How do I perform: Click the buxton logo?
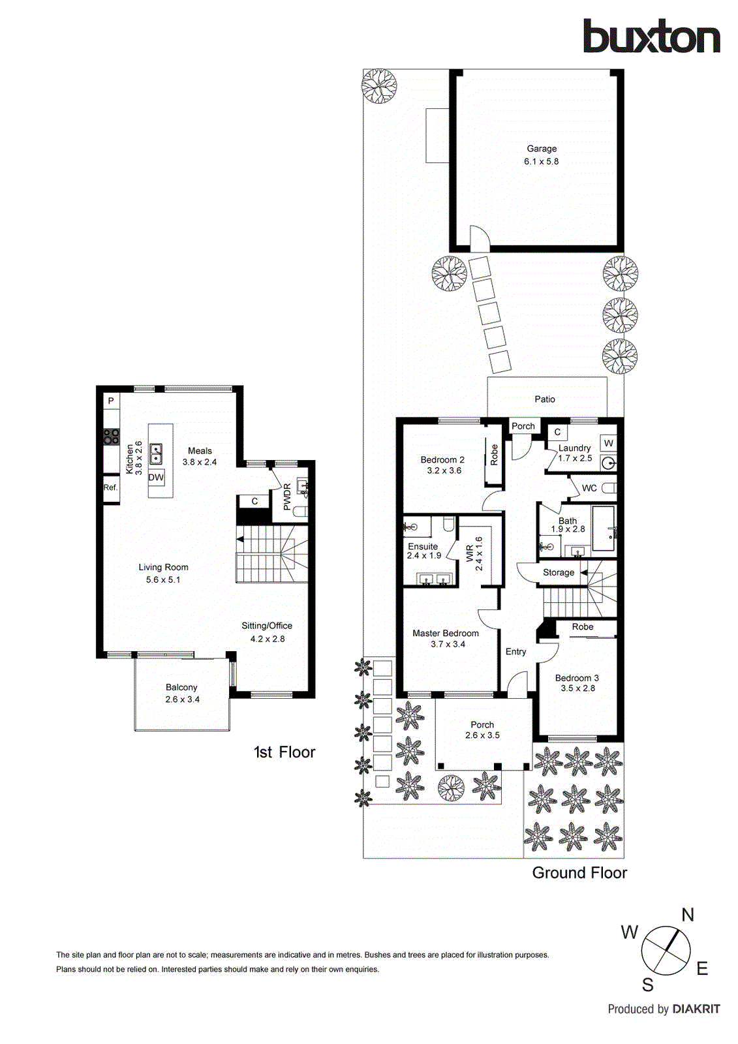coord(651,37)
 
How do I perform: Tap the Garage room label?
coord(542,149)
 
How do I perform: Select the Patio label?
coord(545,399)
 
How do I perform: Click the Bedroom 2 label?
coord(442,460)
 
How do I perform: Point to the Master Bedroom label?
coord(446,634)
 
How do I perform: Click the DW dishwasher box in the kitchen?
coord(156,478)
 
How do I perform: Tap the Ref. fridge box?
coord(110,488)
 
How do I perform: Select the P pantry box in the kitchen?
coord(111,401)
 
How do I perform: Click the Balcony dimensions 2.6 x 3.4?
coord(182,699)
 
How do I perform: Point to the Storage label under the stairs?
coord(559,573)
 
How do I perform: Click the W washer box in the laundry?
coord(609,443)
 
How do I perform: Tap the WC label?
coord(589,488)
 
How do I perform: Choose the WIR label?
coord(470,553)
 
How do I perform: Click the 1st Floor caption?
coord(284,752)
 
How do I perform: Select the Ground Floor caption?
coord(579,873)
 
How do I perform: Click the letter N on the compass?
coord(688,915)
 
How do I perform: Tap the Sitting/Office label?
coord(267,626)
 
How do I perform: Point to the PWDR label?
coord(287,497)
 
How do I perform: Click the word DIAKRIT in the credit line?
coord(696,1009)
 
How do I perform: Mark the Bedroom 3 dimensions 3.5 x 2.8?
coord(577,688)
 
